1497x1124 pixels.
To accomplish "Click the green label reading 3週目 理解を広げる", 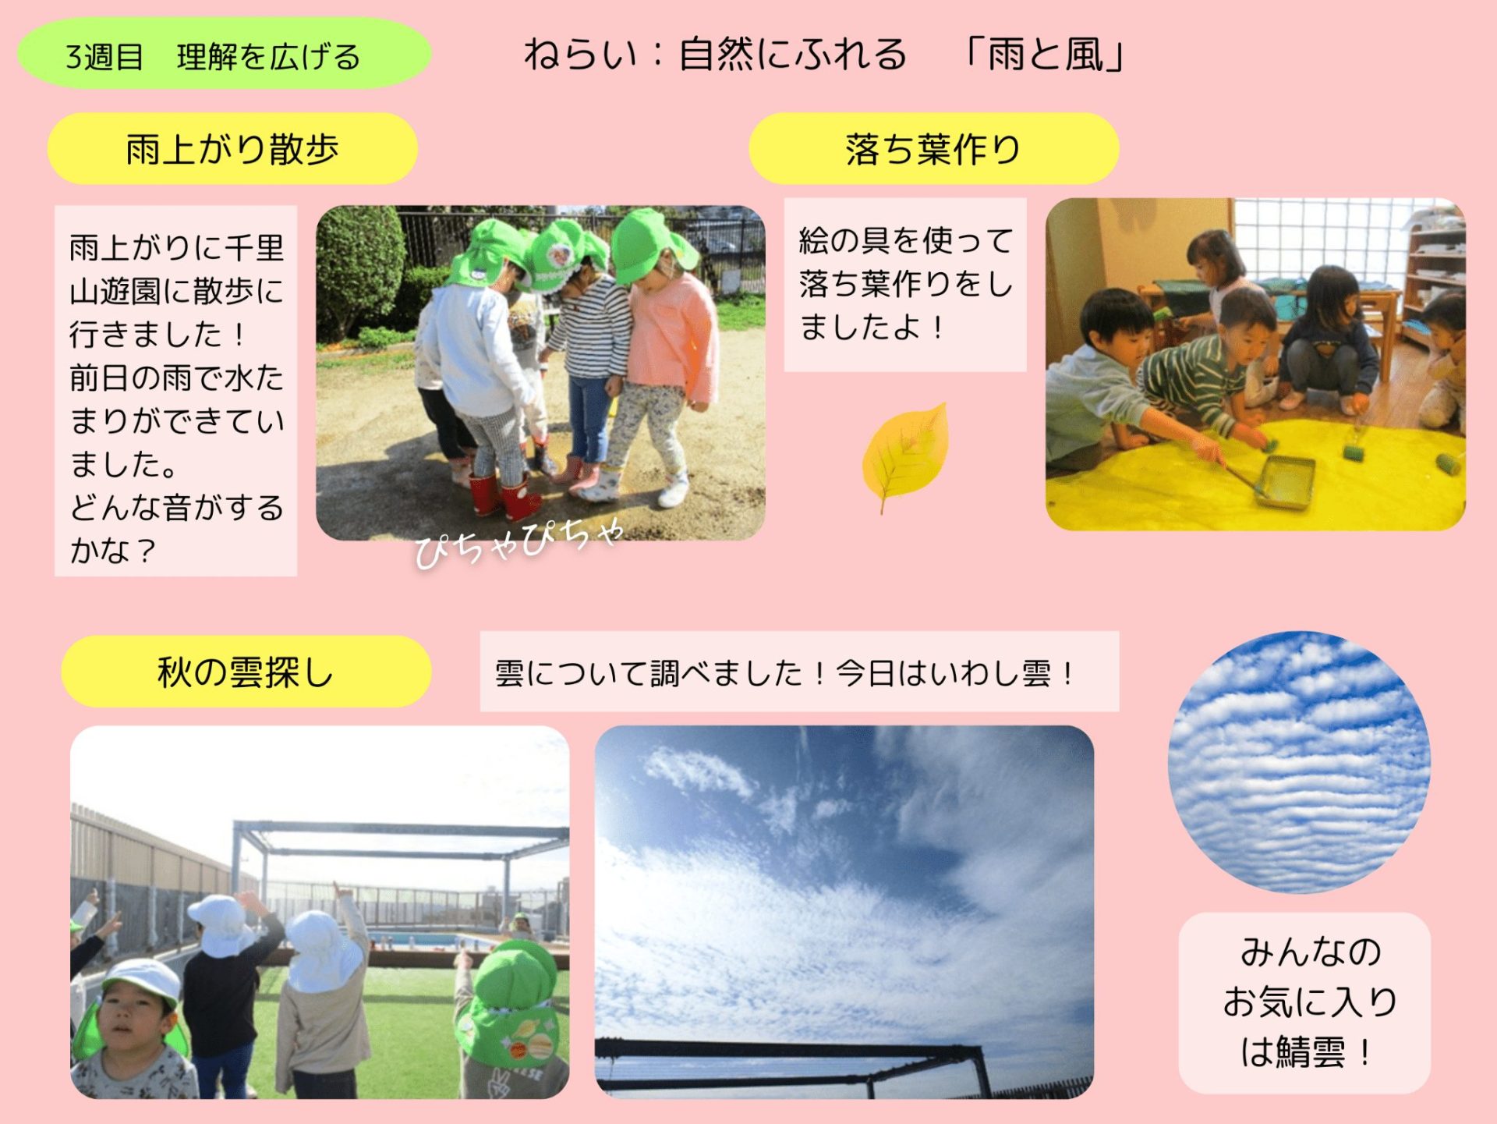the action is click(224, 54).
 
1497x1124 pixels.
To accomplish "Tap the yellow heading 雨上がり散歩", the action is click(232, 148).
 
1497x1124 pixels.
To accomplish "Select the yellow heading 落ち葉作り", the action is click(933, 148).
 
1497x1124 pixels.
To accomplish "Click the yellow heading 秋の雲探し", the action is click(246, 671).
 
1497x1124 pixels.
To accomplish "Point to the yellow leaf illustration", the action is click(905, 456).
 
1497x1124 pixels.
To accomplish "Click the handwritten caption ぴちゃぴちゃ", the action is click(518, 541).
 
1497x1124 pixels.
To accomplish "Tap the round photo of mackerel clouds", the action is click(1299, 762).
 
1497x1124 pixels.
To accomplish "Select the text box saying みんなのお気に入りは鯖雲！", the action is click(1304, 1002).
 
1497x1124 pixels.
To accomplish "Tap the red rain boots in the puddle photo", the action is click(504, 495).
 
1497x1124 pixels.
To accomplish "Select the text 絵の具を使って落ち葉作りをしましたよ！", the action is click(905, 284).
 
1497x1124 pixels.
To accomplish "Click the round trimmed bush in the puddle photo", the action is click(360, 269).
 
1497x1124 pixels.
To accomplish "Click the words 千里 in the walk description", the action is click(254, 248).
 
